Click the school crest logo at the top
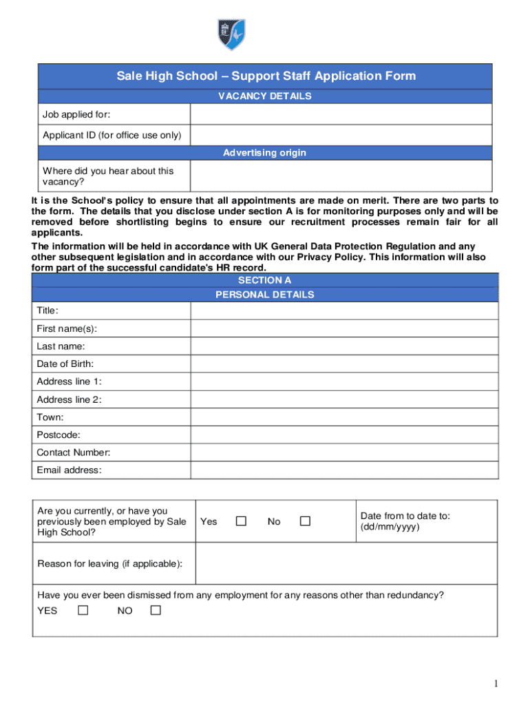click(231, 34)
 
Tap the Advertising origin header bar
click(265, 153)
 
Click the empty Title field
click(344, 311)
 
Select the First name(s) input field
click(344, 328)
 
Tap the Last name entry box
click(344, 346)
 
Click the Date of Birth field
click(344, 364)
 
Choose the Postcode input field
click(344, 435)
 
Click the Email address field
click(344, 470)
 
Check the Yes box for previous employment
click(241, 521)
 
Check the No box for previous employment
click(305, 521)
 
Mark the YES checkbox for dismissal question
click(83, 610)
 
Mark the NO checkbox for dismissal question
click(156, 610)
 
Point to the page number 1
click(495, 683)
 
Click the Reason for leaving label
click(110, 564)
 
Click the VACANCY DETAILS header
click(265, 96)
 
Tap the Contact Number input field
click(344, 453)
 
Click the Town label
click(50, 417)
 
